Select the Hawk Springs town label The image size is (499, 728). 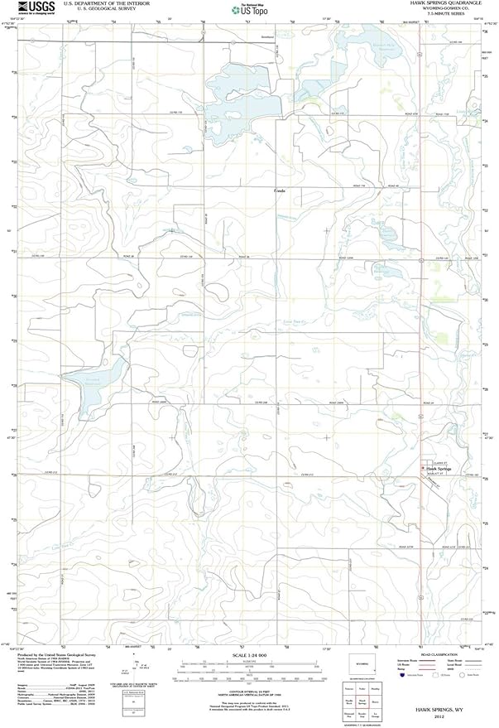(x=439, y=469)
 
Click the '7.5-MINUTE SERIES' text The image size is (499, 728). (x=451, y=15)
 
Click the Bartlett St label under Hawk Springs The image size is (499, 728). (x=439, y=474)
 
